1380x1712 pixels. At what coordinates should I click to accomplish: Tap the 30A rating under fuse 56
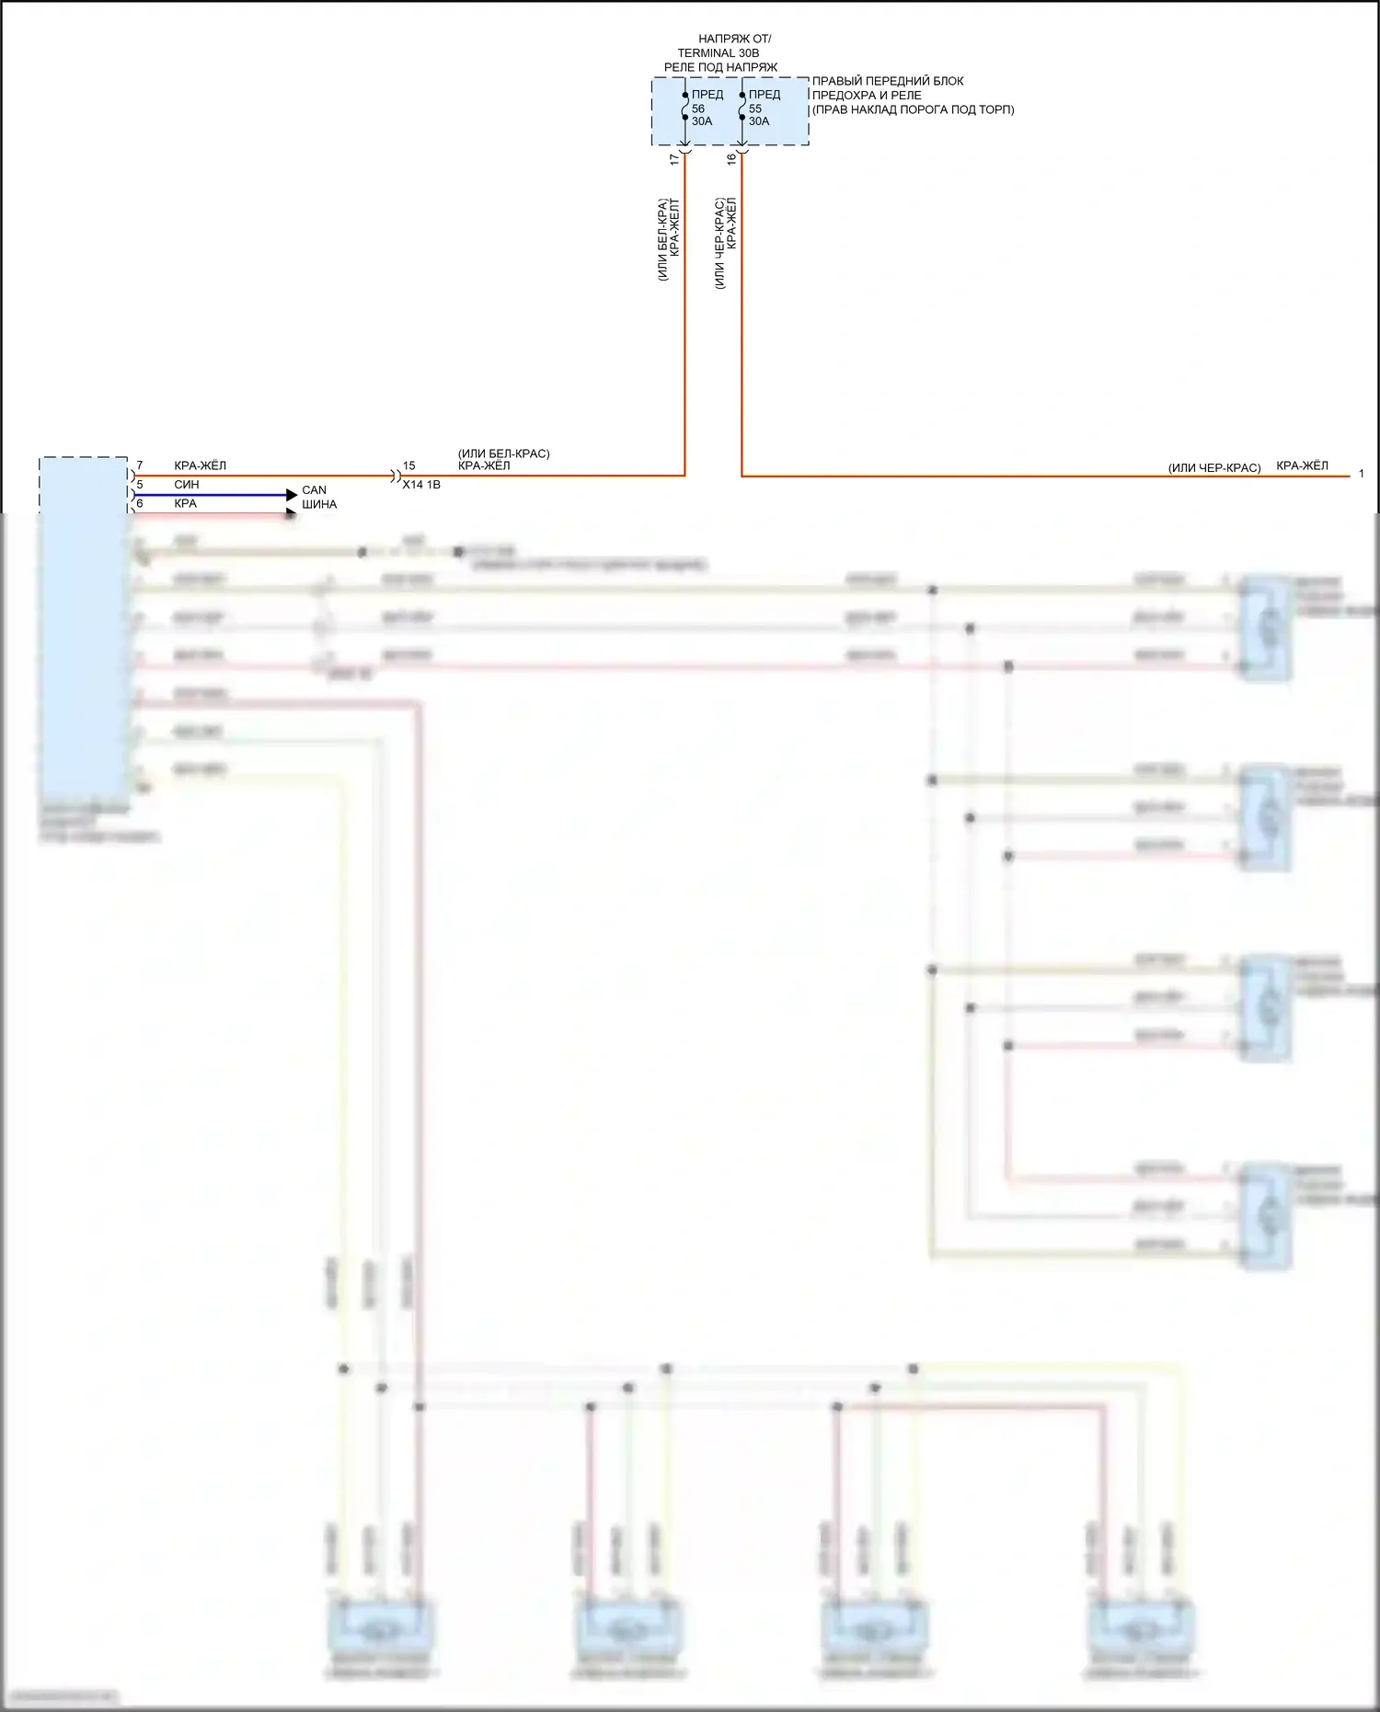702,121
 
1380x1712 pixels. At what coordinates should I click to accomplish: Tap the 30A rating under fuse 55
759,121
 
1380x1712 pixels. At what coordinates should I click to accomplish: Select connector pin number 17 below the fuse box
674,159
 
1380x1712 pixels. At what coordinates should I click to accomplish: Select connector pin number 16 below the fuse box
731,159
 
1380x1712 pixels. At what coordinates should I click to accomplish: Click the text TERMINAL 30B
719,53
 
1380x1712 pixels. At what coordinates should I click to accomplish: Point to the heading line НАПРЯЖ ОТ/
734,39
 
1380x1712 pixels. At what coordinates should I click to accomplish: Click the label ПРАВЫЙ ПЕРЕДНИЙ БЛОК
888,81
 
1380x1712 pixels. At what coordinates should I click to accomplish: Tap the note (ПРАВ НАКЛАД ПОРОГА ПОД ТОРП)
913,109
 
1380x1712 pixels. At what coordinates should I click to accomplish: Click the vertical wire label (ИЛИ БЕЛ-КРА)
662,239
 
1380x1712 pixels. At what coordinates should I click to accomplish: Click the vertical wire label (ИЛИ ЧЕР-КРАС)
719,243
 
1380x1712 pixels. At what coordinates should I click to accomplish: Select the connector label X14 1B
421,485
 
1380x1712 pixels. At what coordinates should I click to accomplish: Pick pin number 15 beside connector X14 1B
409,466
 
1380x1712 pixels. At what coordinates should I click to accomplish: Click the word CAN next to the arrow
314,490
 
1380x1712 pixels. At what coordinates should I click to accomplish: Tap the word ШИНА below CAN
319,504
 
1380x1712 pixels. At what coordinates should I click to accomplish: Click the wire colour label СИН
187,485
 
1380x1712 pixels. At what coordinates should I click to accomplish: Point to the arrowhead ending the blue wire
293,495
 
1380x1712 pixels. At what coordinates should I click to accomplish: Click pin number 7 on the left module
140,465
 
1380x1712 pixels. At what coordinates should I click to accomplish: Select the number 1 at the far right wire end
1362,474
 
